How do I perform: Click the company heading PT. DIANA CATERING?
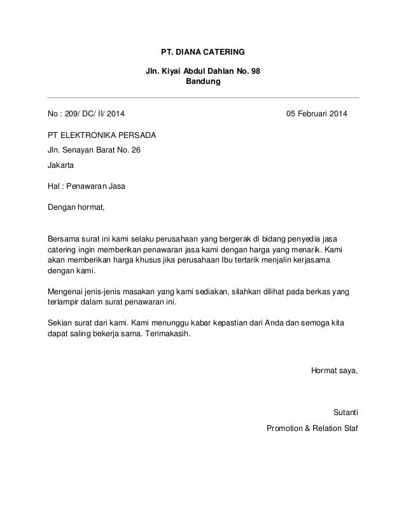[203, 51]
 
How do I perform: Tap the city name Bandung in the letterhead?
[203, 82]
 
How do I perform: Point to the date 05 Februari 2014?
[316, 115]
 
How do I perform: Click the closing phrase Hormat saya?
[333, 371]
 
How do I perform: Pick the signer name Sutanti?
[346, 412]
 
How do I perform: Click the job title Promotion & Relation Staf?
[312, 427]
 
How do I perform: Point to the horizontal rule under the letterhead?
[203, 97]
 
